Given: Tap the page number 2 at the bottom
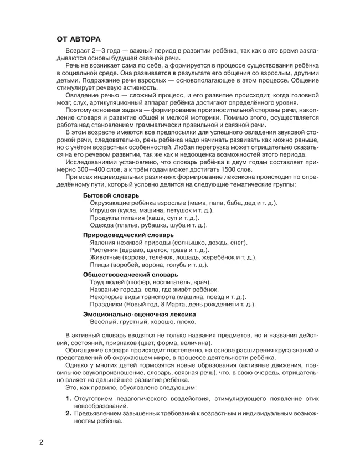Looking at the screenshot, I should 41,442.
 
